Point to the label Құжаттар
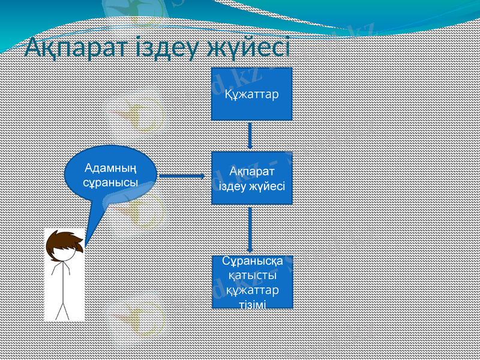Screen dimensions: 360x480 [251, 94]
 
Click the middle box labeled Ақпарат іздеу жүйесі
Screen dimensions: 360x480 [251, 178]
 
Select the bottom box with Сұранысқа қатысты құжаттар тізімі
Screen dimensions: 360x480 [252, 282]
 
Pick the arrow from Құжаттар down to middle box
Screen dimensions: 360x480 [250, 136]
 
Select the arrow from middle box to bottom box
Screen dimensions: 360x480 [250, 229]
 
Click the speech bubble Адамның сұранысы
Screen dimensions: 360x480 [111, 173]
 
